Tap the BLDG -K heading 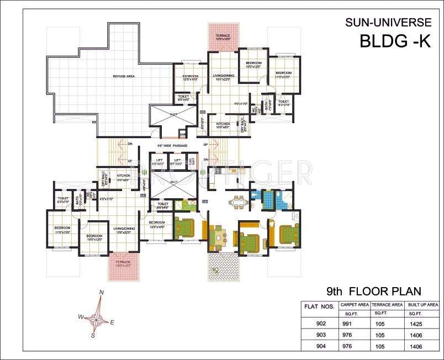[x=394, y=41]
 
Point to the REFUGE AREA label [x=124, y=76]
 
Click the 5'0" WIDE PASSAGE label [x=172, y=146]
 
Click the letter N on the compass [x=101, y=293]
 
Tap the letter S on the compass [x=93, y=335]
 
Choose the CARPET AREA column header [x=354, y=304]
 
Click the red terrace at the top [x=223, y=38]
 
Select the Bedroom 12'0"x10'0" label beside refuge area [x=191, y=78]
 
